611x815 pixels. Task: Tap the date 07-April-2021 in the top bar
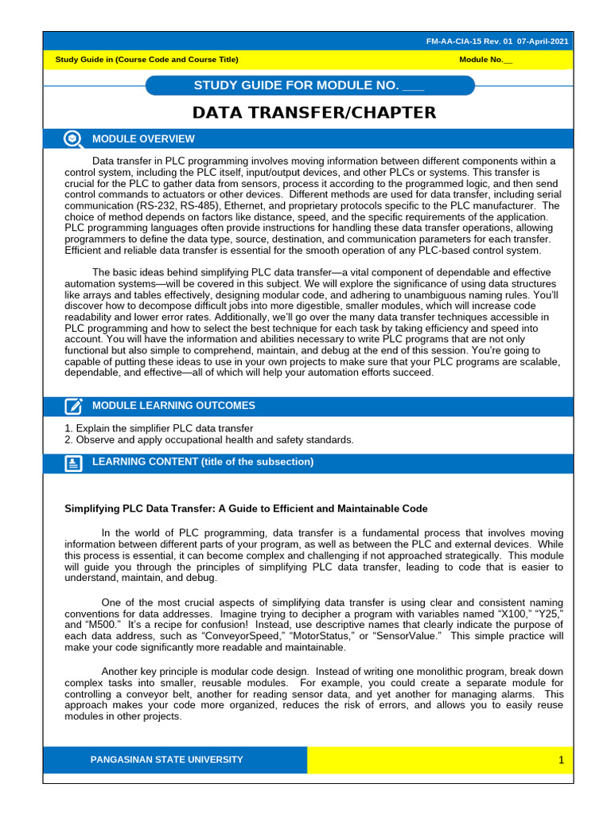[542, 41]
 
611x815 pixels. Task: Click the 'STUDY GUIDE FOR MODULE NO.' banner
[309, 86]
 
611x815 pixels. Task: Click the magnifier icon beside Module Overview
[73, 139]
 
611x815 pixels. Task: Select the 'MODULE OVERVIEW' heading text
[143, 139]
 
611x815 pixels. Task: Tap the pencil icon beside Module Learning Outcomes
[73, 407]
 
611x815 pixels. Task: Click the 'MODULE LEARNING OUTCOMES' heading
[173, 406]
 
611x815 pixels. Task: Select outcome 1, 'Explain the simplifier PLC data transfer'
[159, 428]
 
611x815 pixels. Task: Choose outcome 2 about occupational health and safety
[208, 439]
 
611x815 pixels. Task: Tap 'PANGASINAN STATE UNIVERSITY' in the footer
[167, 760]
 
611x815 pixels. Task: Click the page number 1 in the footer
[561, 761]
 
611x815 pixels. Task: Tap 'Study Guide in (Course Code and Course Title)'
[146, 60]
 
